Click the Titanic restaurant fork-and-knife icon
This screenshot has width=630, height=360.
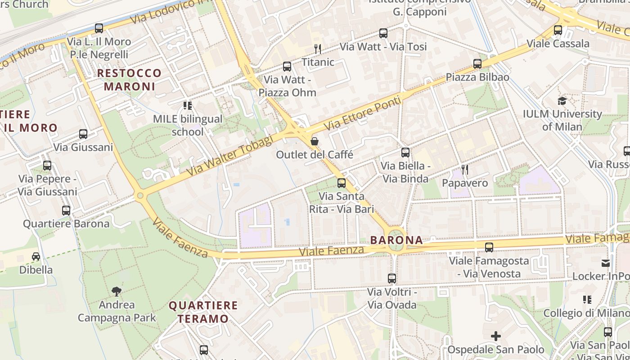pos(318,49)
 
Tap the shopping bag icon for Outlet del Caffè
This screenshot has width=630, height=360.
pos(315,141)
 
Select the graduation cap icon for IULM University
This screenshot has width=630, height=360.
pos(562,101)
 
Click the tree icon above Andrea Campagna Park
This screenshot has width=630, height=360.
pos(117,291)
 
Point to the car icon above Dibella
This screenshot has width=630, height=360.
pos(36,256)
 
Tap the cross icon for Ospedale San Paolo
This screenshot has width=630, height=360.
pos(495,336)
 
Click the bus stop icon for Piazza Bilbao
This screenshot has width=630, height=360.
pos(477,64)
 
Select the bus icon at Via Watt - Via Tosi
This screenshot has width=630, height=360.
pos(383,33)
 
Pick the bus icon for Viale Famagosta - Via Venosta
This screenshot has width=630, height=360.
pos(489,247)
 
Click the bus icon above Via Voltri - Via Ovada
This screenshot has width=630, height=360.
pos(392,279)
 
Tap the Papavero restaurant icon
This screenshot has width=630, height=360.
pos(465,170)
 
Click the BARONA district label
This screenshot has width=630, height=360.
pos(396,240)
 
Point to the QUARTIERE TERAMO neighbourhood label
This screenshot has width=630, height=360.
pos(203,312)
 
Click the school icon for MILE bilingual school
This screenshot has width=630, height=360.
pos(188,106)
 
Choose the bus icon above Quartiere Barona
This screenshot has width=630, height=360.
pos(66,210)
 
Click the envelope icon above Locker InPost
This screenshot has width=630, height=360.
pos(606,263)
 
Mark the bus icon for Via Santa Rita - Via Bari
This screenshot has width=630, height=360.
pos(342,183)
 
